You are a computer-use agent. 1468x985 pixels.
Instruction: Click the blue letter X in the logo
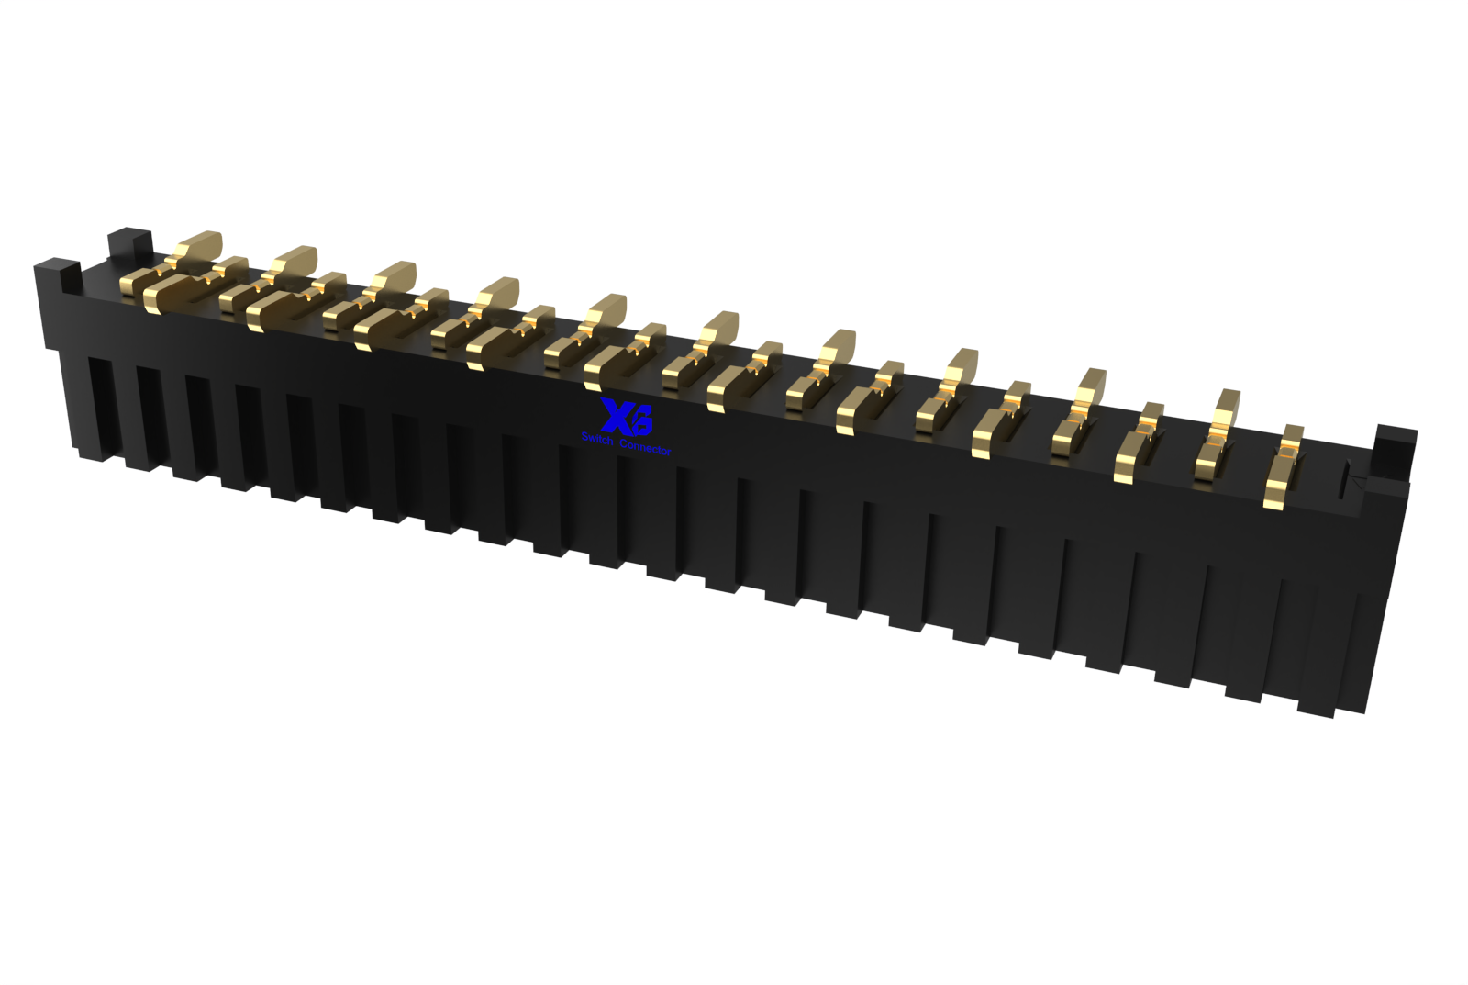pos(612,415)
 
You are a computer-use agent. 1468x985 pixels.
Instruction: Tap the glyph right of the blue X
pos(640,422)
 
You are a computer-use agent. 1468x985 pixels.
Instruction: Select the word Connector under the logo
pos(645,447)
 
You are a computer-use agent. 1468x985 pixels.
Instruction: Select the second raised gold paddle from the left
pos(295,262)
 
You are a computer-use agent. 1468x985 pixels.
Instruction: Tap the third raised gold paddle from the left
pos(395,275)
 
